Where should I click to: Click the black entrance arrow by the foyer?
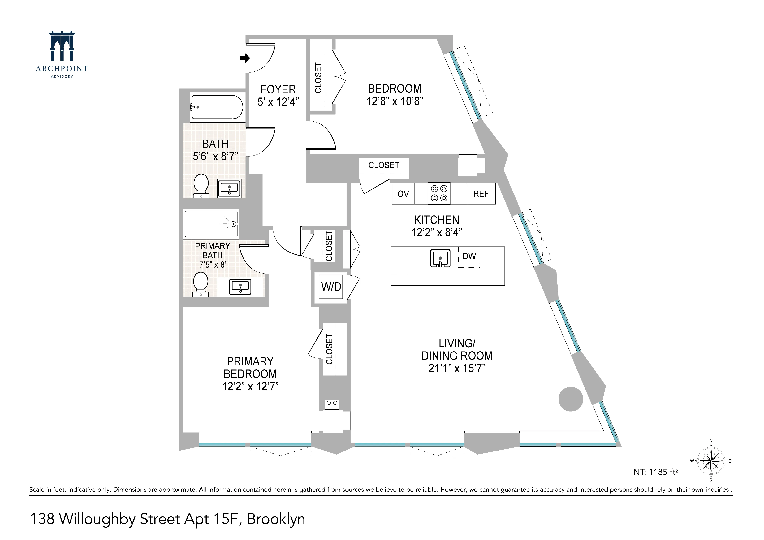[x=245, y=58]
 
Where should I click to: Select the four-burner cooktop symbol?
[x=439, y=193]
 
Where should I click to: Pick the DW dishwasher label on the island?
[x=469, y=256]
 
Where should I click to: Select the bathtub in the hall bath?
[x=217, y=107]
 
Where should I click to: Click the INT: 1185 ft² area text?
[x=654, y=472]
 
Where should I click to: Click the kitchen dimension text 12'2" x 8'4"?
[x=437, y=232]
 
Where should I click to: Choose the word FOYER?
[x=278, y=89]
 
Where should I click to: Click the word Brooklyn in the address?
[x=276, y=519]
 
